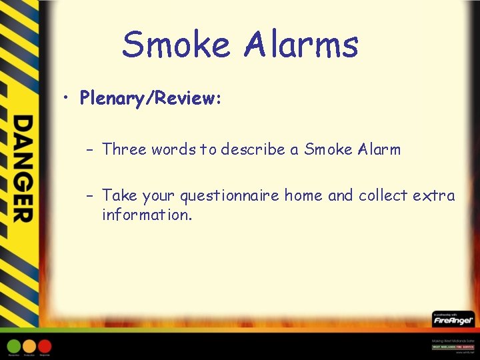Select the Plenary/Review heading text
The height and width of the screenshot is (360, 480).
[151, 99]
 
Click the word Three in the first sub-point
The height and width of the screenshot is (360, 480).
[124, 149]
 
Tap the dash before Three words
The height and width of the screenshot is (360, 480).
[89, 150]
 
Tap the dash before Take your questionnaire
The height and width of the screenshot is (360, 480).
[89, 196]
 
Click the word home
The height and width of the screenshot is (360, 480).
[304, 196]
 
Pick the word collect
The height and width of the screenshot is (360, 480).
[383, 196]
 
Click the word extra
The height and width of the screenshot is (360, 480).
[434, 196]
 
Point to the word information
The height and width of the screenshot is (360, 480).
[147, 215]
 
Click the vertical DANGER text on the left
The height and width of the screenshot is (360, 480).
[23, 168]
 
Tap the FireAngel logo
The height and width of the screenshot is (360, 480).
[453, 320]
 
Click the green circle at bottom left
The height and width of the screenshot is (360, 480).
[14, 346]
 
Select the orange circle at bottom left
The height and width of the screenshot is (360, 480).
[29, 346]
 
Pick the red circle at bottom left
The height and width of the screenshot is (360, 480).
[45, 346]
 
